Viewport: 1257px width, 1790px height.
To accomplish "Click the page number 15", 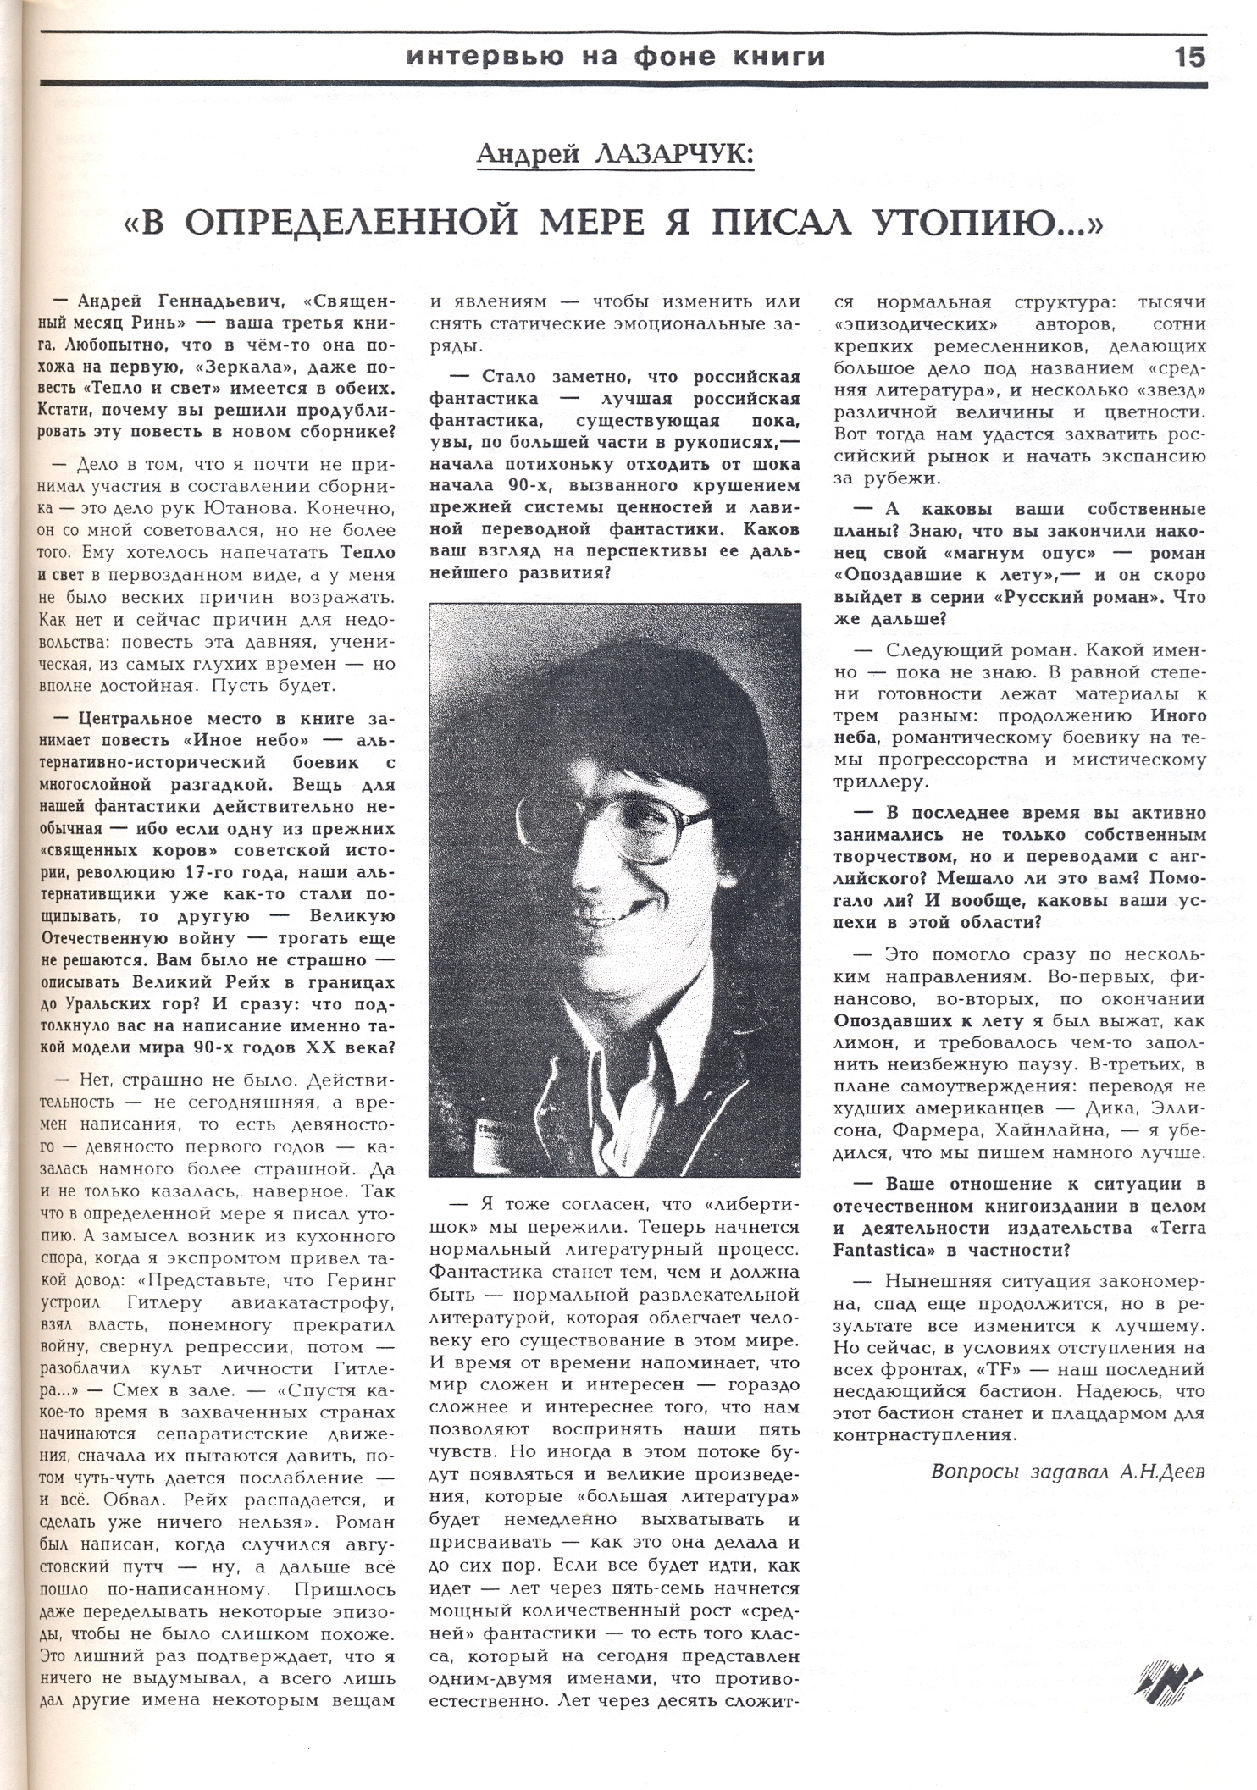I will click(1189, 57).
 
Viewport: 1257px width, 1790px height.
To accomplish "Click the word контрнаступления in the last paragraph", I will click(924, 1434).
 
